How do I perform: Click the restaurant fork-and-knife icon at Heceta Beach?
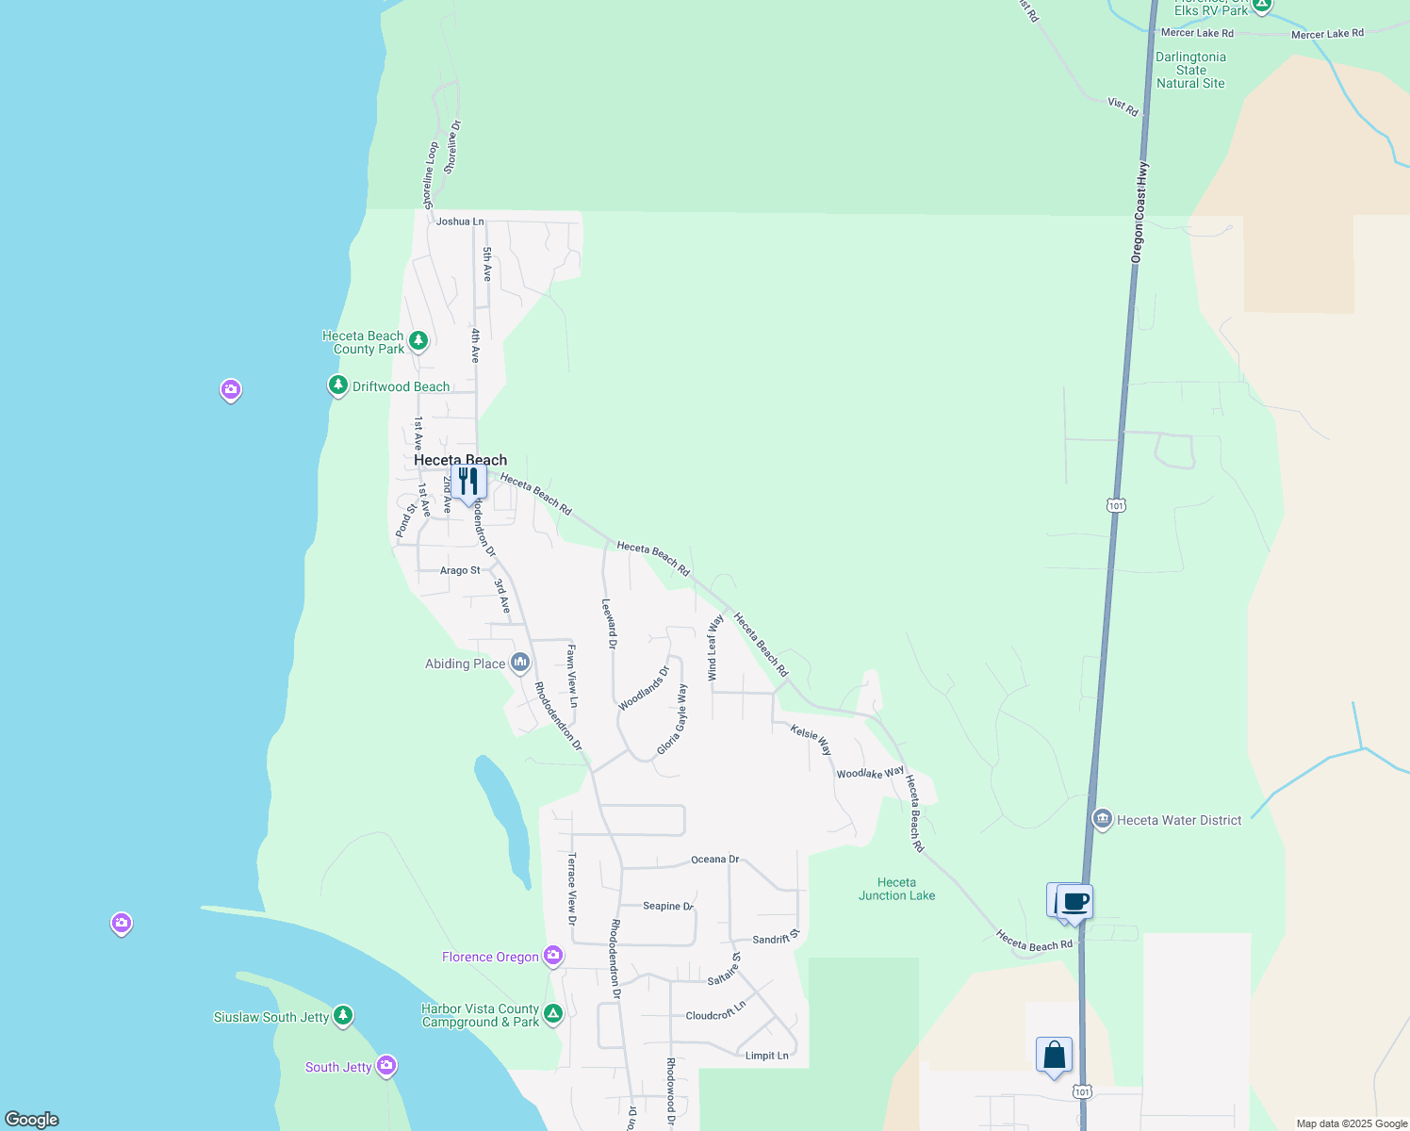click(468, 482)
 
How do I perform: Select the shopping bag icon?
click(1054, 1055)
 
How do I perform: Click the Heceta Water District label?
click(1179, 820)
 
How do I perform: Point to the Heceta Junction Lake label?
click(896, 889)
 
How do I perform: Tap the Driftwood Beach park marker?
click(338, 385)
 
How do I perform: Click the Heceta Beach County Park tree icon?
click(418, 340)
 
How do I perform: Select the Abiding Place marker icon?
click(520, 663)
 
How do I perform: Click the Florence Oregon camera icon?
click(553, 957)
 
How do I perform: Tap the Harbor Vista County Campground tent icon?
click(553, 1014)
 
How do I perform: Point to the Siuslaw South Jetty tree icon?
click(343, 1016)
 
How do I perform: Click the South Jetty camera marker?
click(386, 1066)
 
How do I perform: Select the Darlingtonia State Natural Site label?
click(1190, 70)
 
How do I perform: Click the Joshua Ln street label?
click(460, 221)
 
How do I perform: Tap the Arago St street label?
click(460, 570)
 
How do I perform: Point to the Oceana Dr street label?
click(714, 860)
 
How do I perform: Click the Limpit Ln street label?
click(766, 1056)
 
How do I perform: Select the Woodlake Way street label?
click(870, 773)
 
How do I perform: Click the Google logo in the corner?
click(32, 1119)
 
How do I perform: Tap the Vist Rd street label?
click(1123, 106)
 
